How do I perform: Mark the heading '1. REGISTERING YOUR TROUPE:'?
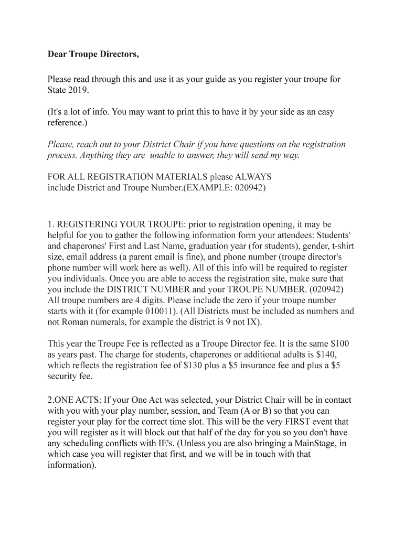pyautogui.click(x=117, y=224)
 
